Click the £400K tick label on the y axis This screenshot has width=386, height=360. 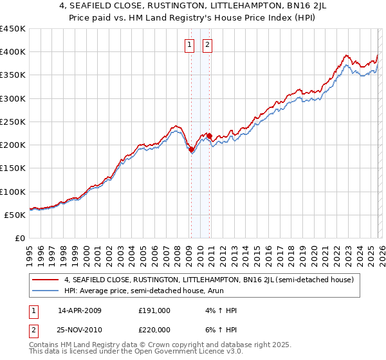(13, 52)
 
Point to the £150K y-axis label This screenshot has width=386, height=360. (13, 168)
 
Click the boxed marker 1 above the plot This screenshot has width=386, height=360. (190, 44)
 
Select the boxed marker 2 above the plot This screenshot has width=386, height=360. (208, 44)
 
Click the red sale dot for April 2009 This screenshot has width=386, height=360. (191, 149)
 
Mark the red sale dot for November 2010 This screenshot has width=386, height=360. (209, 136)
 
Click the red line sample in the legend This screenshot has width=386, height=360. (46, 280)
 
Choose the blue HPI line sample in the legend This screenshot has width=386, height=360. (46, 291)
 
